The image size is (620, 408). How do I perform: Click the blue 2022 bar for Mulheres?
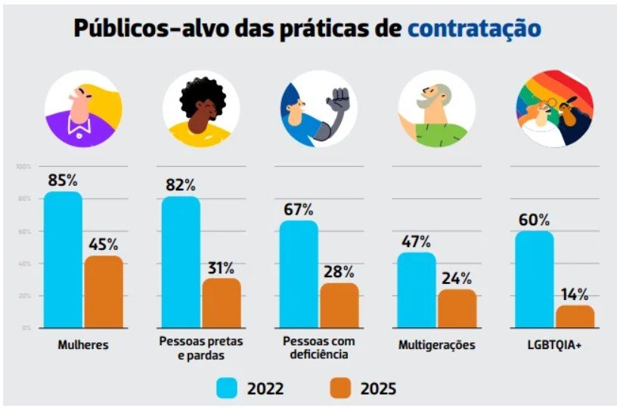tap(63, 260)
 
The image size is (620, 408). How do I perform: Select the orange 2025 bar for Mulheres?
tap(103, 292)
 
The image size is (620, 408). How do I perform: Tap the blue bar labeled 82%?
tap(181, 262)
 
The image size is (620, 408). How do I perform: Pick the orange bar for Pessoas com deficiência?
tap(339, 305)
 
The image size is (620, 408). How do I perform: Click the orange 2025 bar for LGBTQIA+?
tap(575, 317)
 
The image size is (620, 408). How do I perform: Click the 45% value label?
tap(103, 245)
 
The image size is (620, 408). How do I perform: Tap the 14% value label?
tap(575, 295)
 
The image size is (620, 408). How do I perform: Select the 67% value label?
tap(299, 209)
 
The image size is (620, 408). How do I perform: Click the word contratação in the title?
tap(474, 28)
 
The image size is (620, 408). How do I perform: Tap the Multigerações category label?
tap(436, 345)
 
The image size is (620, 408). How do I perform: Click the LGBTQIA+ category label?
tap(554, 345)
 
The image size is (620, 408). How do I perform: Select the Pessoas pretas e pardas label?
tap(200, 348)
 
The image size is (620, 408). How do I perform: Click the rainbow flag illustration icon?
tap(554, 109)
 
